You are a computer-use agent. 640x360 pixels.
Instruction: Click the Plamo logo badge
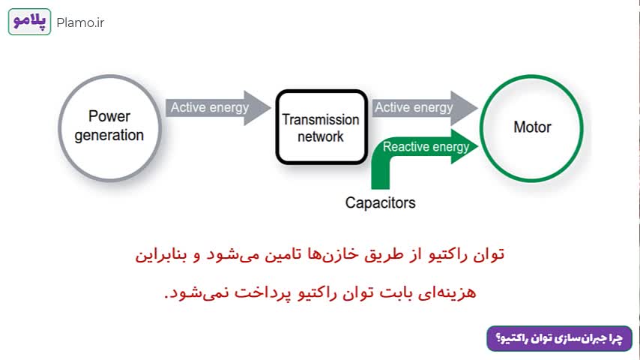point(29,22)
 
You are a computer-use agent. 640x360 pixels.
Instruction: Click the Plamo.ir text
point(80,23)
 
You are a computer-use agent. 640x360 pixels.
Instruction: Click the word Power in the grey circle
point(109,116)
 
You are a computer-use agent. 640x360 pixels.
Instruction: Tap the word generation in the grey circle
point(109,135)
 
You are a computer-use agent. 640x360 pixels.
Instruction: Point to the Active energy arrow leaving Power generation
point(218,108)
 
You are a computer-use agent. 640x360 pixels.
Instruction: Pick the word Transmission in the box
point(321,120)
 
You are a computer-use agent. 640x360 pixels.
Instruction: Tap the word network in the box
point(321,136)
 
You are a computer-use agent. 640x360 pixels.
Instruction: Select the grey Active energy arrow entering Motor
point(424,108)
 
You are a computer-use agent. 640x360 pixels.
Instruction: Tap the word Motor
point(532,127)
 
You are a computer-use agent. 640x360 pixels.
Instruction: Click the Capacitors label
point(381,202)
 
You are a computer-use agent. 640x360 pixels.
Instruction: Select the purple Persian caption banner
point(560,338)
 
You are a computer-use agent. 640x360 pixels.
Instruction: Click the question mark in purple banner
point(498,338)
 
